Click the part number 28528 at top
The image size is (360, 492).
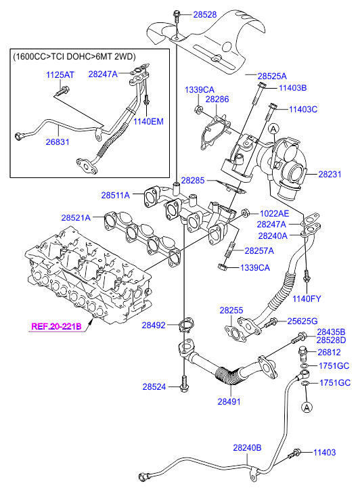(204, 15)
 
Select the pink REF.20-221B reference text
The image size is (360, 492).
(56, 326)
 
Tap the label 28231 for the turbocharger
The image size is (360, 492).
(330, 174)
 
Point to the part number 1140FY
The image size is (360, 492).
(307, 298)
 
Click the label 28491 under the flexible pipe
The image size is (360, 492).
(229, 401)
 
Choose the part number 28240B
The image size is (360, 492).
(247, 447)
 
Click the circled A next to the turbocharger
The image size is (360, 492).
(273, 129)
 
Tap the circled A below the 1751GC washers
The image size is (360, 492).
(307, 407)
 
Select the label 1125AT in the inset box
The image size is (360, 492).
(60, 75)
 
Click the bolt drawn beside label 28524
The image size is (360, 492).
(184, 384)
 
